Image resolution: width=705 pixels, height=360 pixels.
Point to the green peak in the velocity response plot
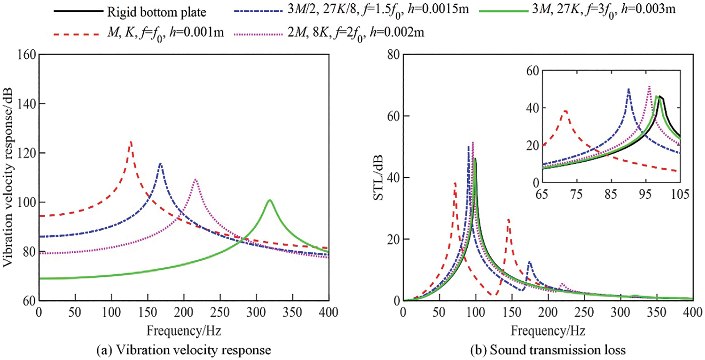click(269, 201)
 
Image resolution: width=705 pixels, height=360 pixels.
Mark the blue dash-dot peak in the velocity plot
click(160, 164)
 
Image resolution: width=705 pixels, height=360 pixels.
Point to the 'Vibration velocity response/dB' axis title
click(9, 177)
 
